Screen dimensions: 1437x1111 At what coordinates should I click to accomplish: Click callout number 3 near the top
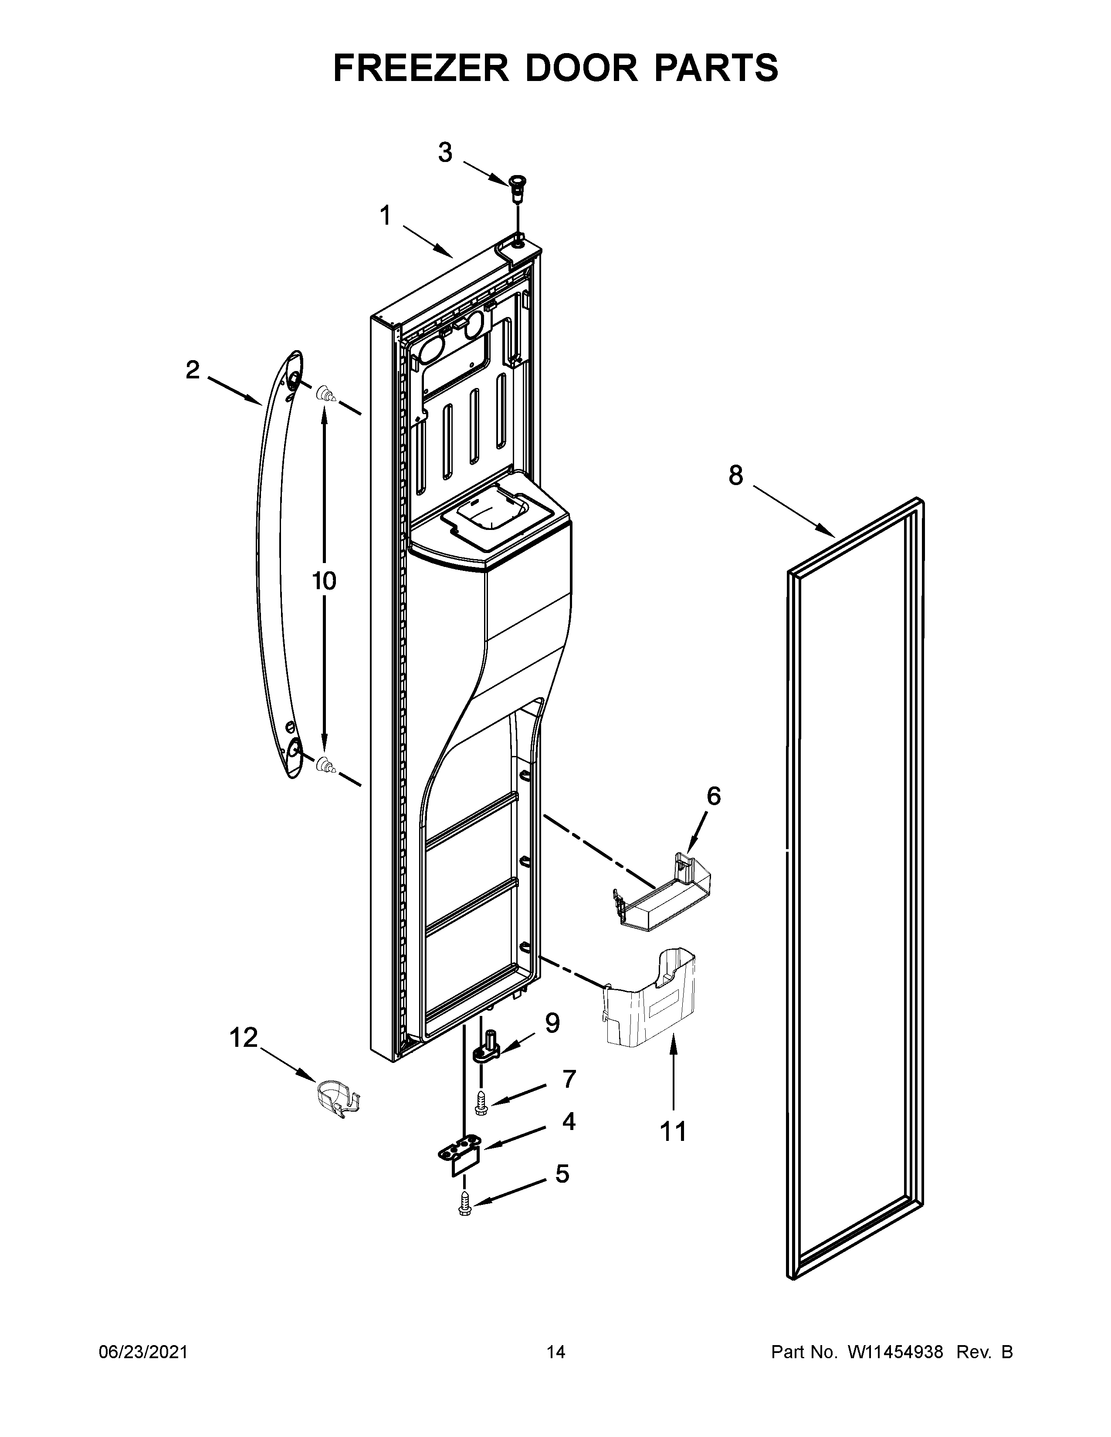pos(446,153)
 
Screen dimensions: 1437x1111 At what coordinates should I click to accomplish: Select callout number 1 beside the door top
pos(385,215)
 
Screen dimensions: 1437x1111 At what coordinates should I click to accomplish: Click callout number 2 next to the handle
pos(192,371)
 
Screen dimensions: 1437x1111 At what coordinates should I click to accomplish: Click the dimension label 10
pos(324,581)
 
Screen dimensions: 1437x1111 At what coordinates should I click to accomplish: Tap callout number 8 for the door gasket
pos(736,475)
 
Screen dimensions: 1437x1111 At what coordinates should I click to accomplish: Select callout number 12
pos(244,1038)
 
